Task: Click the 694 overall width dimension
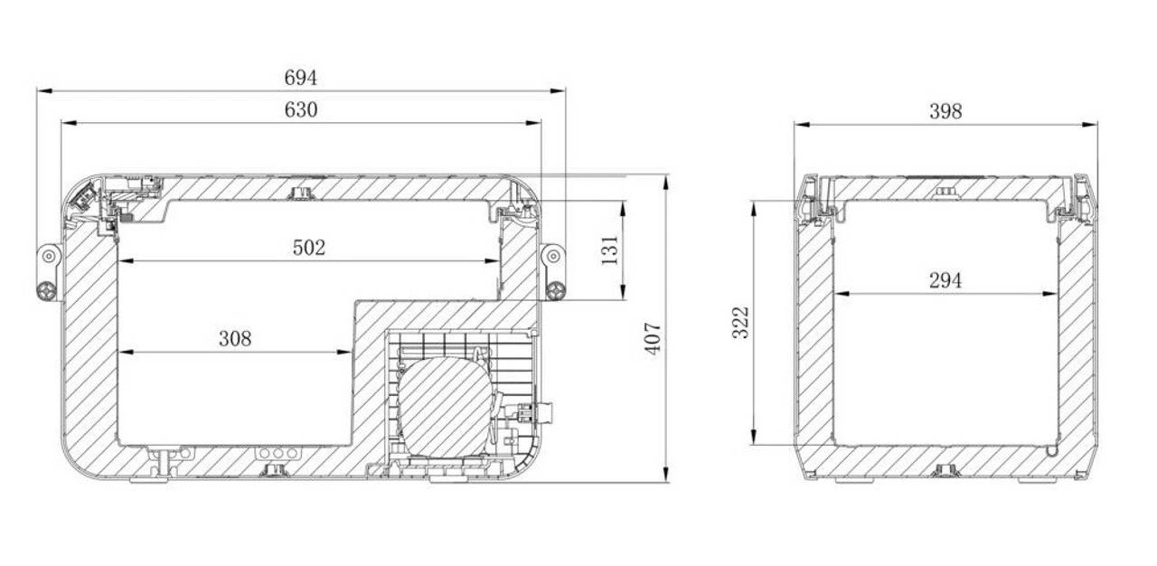coord(301,78)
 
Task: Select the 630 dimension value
coord(301,109)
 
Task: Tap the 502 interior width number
coord(309,248)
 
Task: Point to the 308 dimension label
coord(235,339)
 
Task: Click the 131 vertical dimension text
coord(610,250)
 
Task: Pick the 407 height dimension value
coord(653,339)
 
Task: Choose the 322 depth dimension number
coord(740,322)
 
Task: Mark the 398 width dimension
coord(945,111)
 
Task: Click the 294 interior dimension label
coord(945,281)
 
